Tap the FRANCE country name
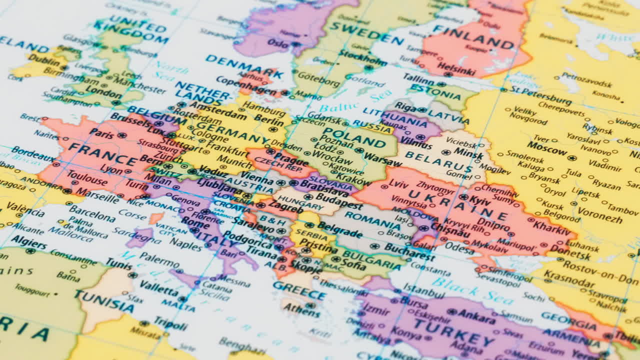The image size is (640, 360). pos(102,153)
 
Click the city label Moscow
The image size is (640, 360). pos(547,148)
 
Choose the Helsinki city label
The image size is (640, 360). pos(456,69)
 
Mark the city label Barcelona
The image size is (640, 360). pos(92,213)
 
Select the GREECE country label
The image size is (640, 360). pos(299,289)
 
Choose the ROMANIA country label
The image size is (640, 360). pos(372,219)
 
